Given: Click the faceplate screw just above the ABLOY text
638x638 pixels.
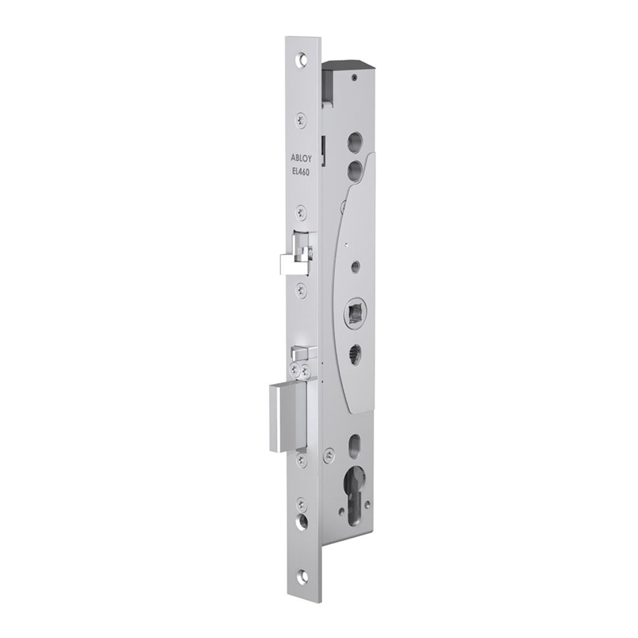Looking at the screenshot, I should click(299, 121).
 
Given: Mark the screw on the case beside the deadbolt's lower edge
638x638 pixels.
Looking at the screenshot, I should click(329, 454).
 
